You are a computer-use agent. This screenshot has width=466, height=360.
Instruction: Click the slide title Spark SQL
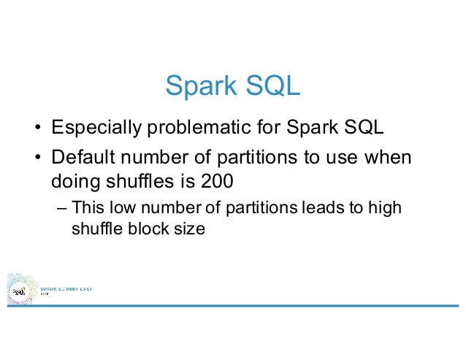[x=232, y=86]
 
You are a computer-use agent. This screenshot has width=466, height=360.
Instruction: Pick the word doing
[x=72, y=180]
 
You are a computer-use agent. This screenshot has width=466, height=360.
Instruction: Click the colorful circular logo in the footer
[x=20, y=291]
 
